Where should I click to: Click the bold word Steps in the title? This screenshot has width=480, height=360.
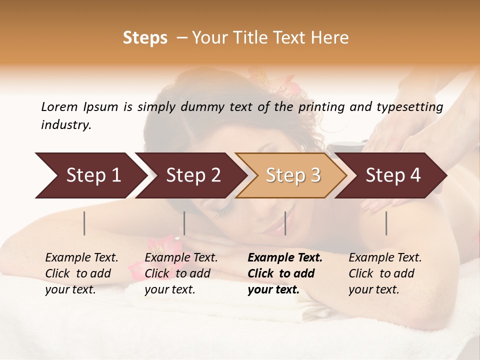(x=145, y=38)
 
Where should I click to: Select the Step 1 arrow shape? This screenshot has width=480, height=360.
(x=90, y=175)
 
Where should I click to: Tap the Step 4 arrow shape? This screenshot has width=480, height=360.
(x=392, y=175)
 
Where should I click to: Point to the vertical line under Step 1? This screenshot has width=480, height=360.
(x=84, y=223)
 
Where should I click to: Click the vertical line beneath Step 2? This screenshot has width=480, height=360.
(x=184, y=223)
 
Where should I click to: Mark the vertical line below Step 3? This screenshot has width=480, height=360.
(x=285, y=223)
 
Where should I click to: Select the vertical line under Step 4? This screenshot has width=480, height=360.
(x=386, y=223)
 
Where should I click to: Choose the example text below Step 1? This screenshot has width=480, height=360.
(x=81, y=273)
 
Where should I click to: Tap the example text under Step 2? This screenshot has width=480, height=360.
(x=181, y=273)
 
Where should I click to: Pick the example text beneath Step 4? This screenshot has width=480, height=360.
(x=385, y=273)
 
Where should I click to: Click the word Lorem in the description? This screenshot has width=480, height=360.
(x=59, y=107)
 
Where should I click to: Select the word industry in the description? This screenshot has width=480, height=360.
(x=65, y=125)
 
